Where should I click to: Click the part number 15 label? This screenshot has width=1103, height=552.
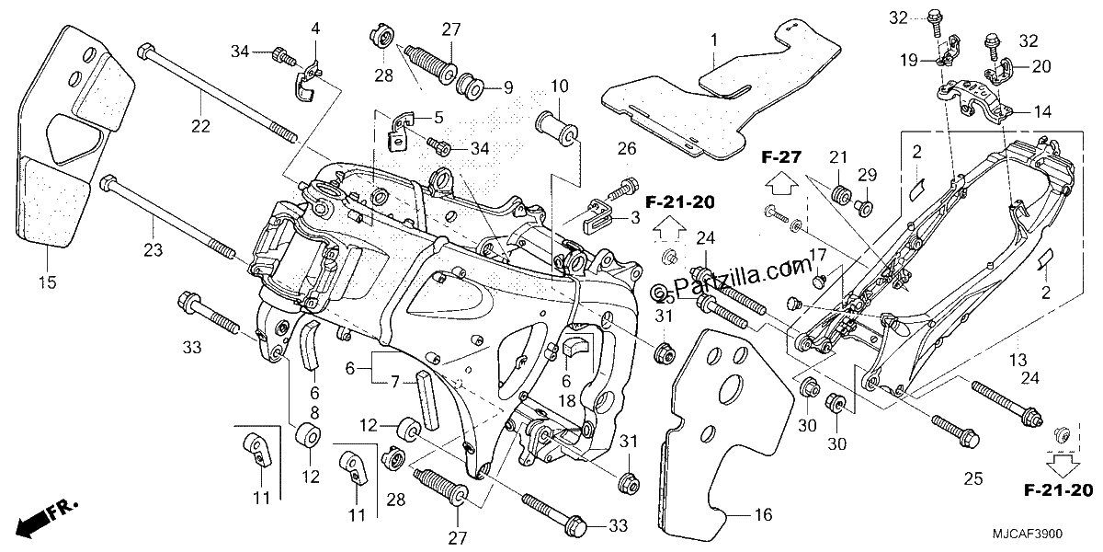click(48, 282)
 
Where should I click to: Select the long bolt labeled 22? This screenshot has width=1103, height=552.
click(218, 94)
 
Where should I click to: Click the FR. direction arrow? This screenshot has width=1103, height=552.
click(47, 517)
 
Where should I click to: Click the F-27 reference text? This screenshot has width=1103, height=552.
click(781, 157)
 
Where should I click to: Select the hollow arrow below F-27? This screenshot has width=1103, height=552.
click(782, 185)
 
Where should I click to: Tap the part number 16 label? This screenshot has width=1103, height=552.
click(763, 514)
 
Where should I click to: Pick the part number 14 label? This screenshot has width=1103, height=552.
click(1042, 112)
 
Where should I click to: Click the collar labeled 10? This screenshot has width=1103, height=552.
click(556, 128)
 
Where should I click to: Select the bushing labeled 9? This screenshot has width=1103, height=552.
click(471, 87)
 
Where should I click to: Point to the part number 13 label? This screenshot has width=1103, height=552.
click(1018, 361)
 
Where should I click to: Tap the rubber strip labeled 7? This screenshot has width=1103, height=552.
click(427, 401)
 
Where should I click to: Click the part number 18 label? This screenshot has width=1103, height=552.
click(567, 401)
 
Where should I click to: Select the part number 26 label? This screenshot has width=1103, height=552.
click(627, 148)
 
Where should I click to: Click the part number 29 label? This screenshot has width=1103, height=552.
click(868, 175)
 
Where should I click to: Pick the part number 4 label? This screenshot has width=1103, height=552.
click(315, 29)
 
